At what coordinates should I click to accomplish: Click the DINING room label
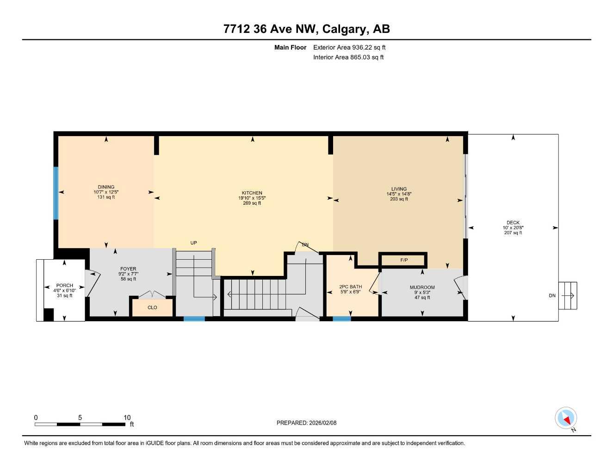[106, 187]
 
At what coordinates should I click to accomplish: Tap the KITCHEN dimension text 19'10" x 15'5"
[252, 198]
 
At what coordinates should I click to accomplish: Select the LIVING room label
[399, 189]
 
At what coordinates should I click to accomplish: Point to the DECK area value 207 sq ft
[513, 233]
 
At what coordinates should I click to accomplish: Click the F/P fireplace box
[403, 260]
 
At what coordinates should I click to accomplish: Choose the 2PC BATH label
[350, 287]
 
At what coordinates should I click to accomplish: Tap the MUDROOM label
[422, 287]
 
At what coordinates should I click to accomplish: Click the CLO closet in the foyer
[152, 307]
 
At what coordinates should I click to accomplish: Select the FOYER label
[128, 269]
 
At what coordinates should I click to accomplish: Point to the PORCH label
[64, 286]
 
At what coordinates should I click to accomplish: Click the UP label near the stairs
[194, 243]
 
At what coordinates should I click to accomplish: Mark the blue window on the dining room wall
[56, 193]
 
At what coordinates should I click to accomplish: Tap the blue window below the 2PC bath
[341, 318]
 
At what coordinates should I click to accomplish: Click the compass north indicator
[566, 418]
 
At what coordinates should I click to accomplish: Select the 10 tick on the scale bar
[127, 418]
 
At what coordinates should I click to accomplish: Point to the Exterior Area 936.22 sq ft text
[349, 47]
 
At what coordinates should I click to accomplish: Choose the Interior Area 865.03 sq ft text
[348, 57]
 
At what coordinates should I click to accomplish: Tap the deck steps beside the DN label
[568, 296]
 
